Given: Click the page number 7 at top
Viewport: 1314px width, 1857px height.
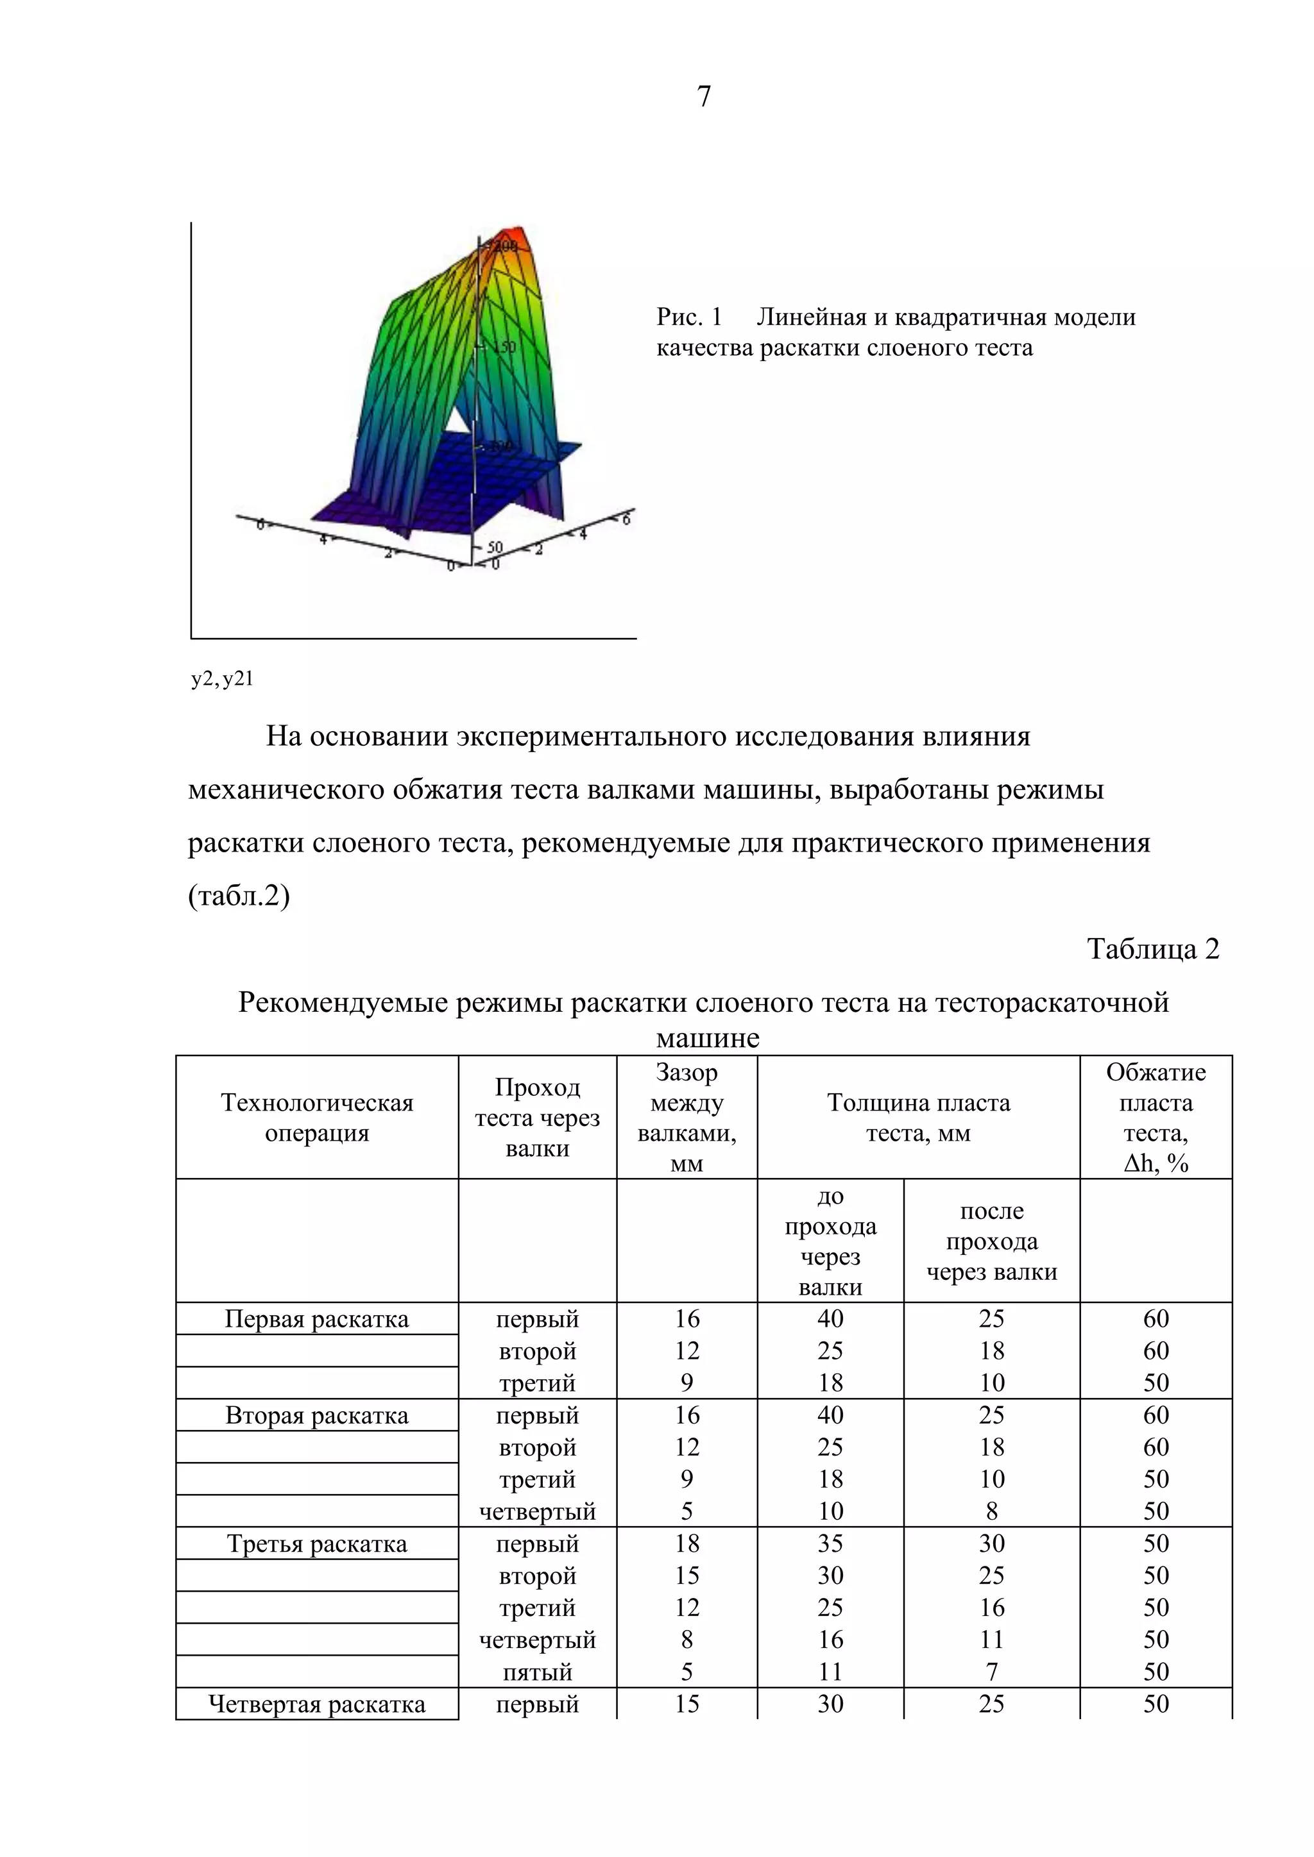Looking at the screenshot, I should tap(703, 96).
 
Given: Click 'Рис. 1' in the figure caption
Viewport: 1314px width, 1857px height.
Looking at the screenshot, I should tap(688, 317).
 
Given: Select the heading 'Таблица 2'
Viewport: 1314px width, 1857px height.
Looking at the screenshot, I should tap(1152, 949).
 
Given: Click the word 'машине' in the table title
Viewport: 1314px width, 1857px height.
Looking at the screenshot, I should tap(707, 1038).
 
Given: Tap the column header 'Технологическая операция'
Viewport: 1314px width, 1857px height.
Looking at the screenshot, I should tap(316, 1118).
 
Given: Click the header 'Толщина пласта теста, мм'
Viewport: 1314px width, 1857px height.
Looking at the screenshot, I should tap(917, 1118).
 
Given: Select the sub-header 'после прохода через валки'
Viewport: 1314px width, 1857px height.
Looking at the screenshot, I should tap(991, 1241).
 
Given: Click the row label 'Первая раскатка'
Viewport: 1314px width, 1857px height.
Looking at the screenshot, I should tap(316, 1319).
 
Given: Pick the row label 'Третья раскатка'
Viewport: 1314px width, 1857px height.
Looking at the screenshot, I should tap(316, 1544).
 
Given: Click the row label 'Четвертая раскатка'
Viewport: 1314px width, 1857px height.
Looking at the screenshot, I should tap(316, 1704).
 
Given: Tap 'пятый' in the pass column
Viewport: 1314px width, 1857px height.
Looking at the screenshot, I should tap(537, 1672).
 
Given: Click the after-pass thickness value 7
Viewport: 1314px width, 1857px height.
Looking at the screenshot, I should tap(991, 1672).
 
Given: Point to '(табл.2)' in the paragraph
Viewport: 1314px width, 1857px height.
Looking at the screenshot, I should tap(239, 896).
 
